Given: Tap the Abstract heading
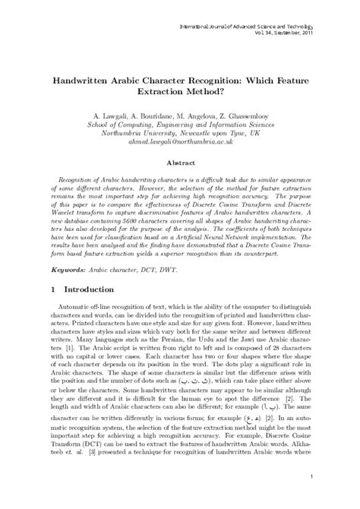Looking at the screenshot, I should tap(180, 163).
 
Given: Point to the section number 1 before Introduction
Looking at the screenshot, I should tap(52, 268).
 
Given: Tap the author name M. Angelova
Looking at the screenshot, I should tap(197, 110).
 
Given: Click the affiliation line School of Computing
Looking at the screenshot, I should tap(180, 120).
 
